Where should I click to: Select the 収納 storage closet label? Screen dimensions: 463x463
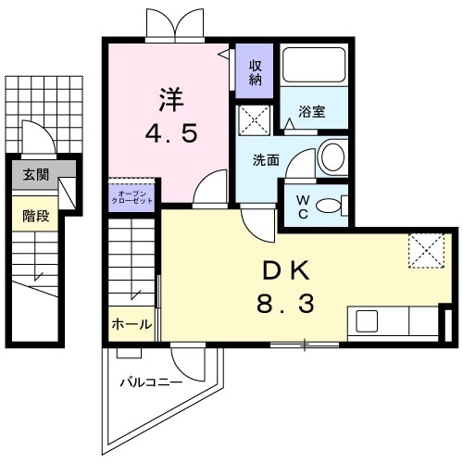point(255,71)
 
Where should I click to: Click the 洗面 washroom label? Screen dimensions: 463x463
point(267,159)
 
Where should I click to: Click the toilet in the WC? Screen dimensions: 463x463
point(328,205)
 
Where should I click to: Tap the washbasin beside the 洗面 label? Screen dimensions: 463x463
point(330,157)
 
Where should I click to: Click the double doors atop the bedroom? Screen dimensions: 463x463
point(172,22)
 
